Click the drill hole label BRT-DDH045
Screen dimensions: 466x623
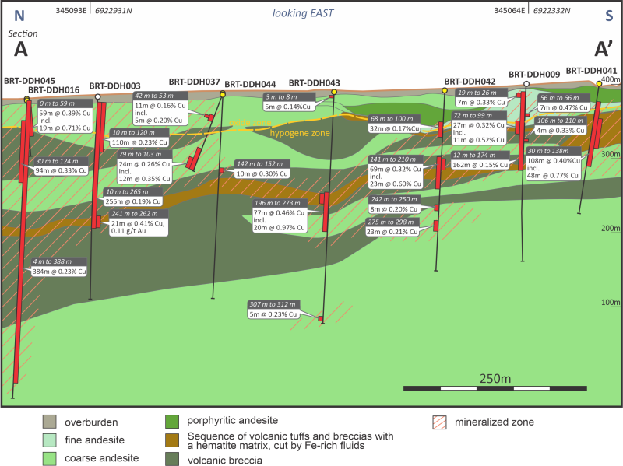pyautogui.click(x=30, y=80)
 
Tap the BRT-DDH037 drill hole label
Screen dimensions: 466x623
pyautogui.click(x=194, y=82)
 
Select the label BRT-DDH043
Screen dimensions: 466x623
pyautogui.click(x=314, y=83)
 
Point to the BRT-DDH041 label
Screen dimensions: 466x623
pyautogui.click(x=592, y=71)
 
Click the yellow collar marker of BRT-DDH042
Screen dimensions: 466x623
pyautogui.click(x=445, y=91)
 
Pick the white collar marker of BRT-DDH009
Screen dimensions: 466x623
pyautogui.click(x=526, y=84)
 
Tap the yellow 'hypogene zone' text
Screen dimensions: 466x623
pyautogui.click(x=300, y=134)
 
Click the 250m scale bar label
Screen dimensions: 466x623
pyautogui.click(x=495, y=378)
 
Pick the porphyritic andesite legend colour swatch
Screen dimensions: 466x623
pyautogui.click(x=174, y=422)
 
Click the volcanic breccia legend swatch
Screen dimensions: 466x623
pyautogui.click(x=174, y=459)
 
